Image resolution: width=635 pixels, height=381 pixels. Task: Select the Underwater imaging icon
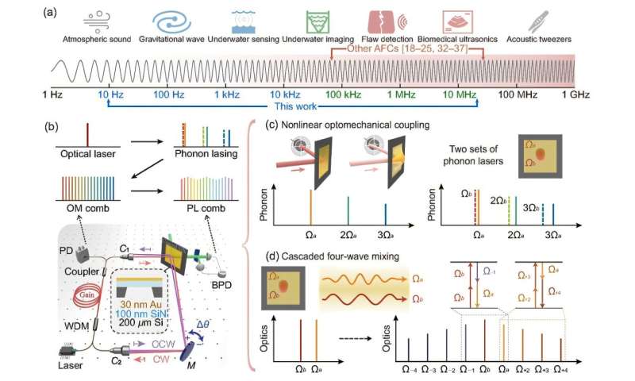[x=343, y=21]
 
